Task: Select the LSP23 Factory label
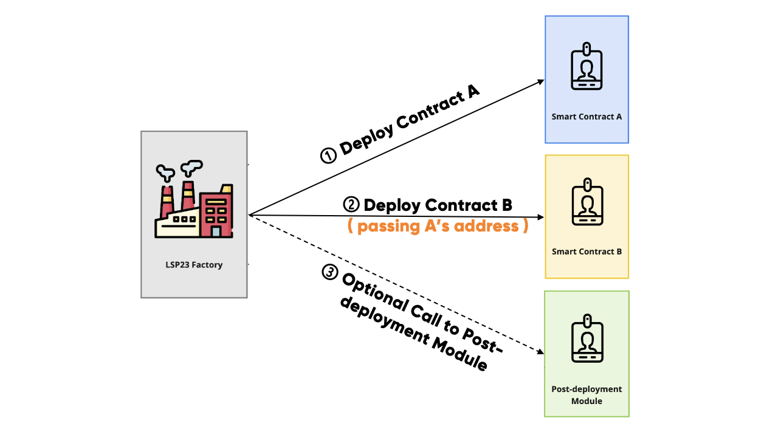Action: [x=194, y=265]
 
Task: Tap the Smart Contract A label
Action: [x=586, y=116]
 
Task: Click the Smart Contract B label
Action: [x=586, y=252]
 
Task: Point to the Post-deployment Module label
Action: [x=586, y=395]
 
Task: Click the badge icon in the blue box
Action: [x=586, y=66]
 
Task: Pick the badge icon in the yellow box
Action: [x=586, y=202]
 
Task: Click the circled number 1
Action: [x=328, y=156]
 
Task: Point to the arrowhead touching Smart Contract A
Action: [x=539, y=82]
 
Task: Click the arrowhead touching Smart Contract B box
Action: [x=540, y=217]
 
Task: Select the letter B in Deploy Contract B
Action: [x=506, y=205]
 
